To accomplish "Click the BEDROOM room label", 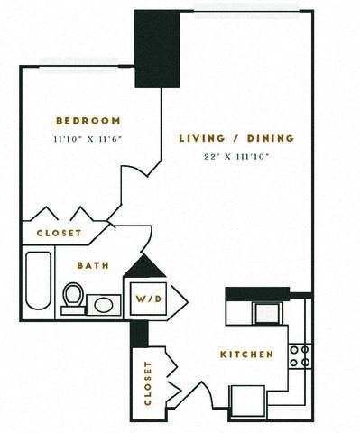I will [88, 120].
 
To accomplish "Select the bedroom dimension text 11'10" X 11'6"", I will [88, 139].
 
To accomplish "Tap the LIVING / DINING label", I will [236, 138].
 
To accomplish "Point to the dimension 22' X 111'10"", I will [236, 157].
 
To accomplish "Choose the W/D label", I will [149, 299].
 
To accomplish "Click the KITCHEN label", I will [246, 355].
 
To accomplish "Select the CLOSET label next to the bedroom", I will [60, 233].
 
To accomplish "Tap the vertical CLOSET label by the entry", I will [147, 383].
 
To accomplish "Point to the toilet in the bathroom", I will [73, 298].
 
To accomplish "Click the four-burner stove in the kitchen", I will [300, 355].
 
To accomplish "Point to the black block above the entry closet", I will [139, 333].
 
